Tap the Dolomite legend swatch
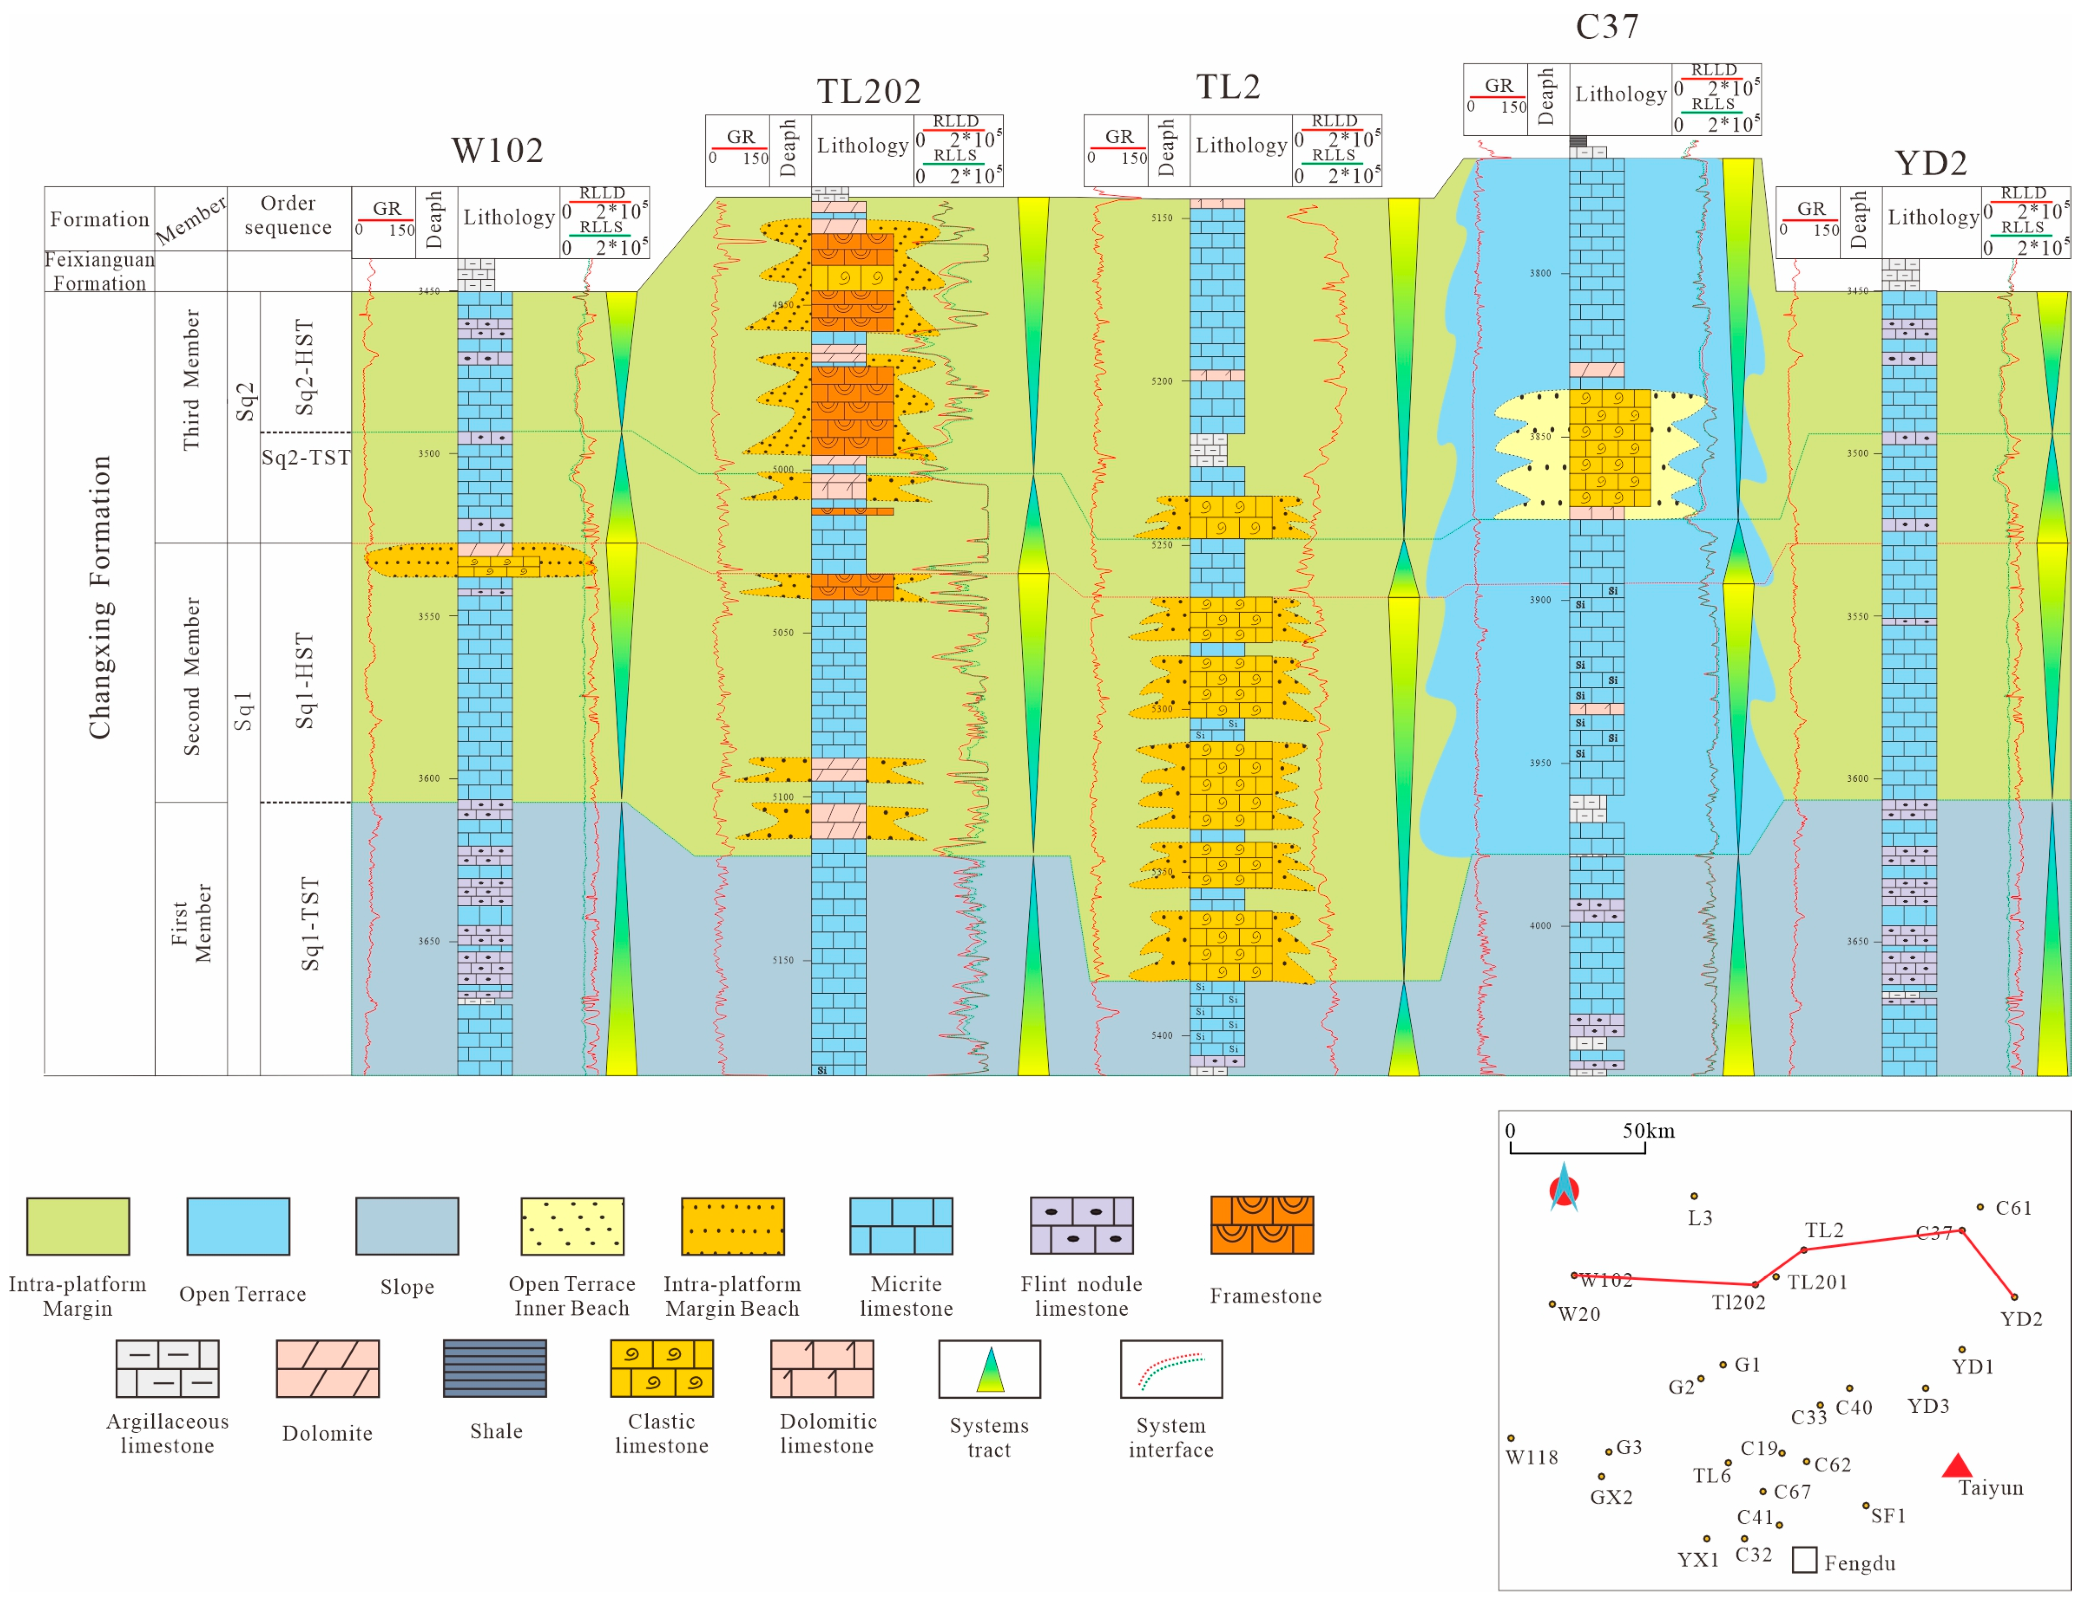click(327, 1368)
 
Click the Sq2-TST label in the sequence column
click(306, 457)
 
